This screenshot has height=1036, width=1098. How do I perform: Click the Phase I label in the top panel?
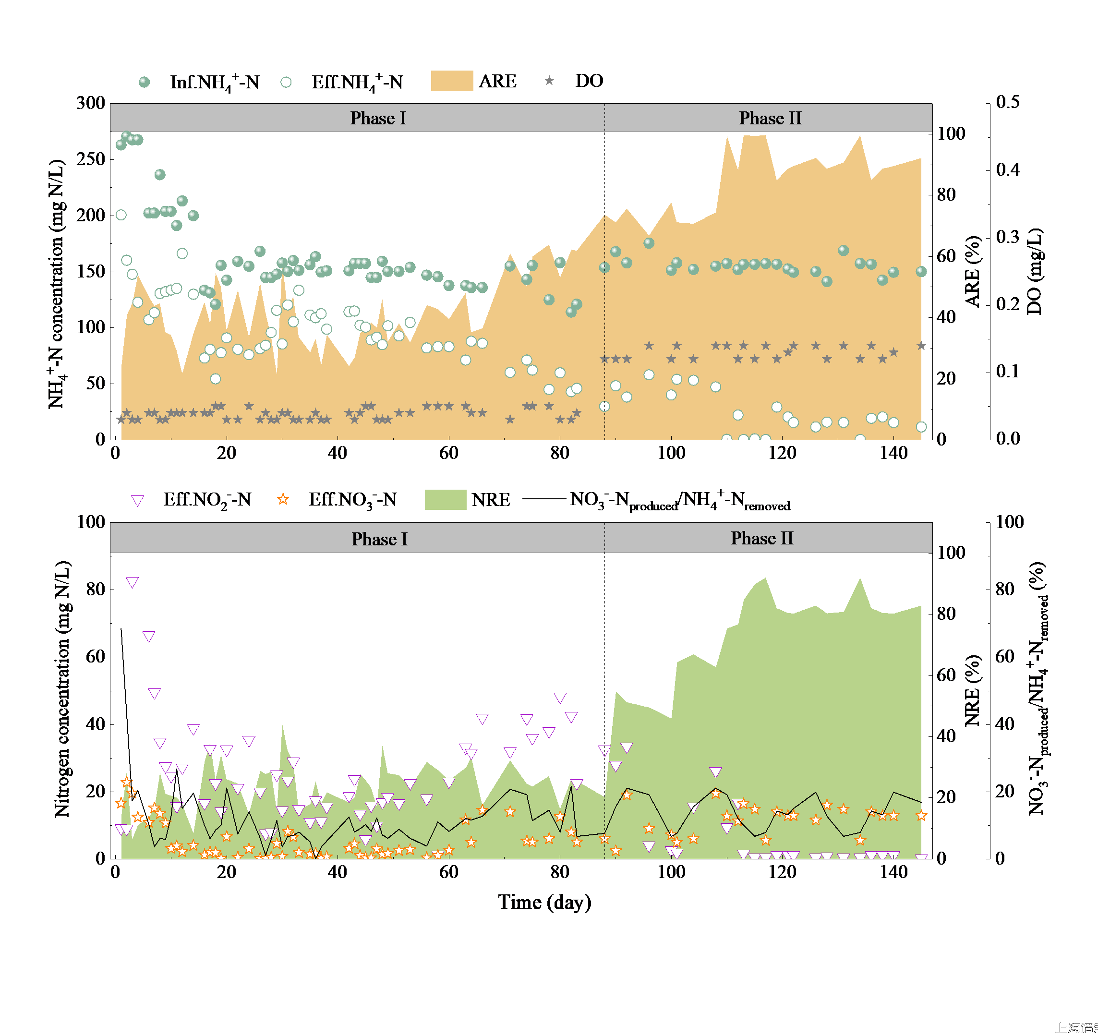tap(378, 118)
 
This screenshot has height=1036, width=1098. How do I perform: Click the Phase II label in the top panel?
tap(770, 118)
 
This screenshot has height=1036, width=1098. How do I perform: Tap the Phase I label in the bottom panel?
tap(379, 539)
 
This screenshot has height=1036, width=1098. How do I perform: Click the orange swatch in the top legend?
tap(452, 81)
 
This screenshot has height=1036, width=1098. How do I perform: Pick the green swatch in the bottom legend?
tap(445, 499)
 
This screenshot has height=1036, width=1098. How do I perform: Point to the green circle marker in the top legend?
tap(144, 82)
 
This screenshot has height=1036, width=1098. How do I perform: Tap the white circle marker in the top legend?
tap(286, 82)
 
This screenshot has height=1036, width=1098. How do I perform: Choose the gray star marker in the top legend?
tap(549, 81)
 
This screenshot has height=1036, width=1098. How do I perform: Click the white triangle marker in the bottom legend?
tap(137, 500)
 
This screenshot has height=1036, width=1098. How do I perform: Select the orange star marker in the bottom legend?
tap(283, 499)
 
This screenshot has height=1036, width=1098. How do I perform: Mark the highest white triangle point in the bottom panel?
tap(132, 582)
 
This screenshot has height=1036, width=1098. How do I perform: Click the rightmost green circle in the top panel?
tap(921, 271)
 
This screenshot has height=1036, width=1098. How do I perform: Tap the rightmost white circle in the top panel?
tap(921, 426)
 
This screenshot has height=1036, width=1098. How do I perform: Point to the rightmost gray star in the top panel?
tap(921, 346)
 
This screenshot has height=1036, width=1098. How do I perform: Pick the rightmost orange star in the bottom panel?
tap(921, 816)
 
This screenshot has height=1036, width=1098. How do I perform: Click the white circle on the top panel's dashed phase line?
tap(605, 407)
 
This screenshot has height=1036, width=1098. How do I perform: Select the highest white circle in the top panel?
tap(121, 215)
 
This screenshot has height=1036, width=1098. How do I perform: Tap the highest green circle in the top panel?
tap(126, 136)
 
